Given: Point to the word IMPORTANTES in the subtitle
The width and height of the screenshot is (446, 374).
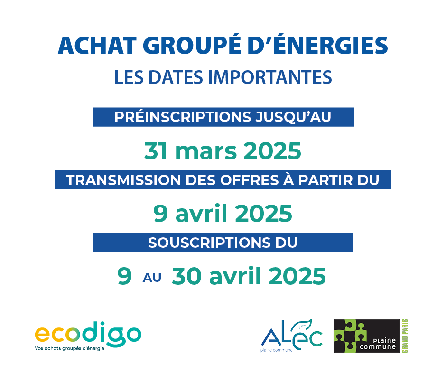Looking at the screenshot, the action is pos(270,77).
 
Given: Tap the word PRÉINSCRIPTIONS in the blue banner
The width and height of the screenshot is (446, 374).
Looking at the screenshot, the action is pos(183,117).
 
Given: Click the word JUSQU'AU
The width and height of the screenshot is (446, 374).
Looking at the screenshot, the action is pos(293,117).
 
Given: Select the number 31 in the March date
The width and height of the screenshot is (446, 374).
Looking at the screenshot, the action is pos(155,151).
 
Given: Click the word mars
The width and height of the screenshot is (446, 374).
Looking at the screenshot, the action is pos(206,152).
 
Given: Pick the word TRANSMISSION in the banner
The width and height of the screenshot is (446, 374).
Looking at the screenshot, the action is pos(123,180).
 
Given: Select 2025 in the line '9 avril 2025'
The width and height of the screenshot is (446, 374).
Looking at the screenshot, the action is pos(264,214).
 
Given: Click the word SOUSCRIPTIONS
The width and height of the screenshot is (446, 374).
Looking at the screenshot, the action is pos(209,243).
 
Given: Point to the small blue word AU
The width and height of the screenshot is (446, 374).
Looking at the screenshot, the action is pos(152,278).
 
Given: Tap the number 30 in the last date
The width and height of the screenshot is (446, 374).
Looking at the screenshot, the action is pos(186,276).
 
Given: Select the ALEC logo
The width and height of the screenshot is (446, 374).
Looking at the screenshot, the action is pos(291,335).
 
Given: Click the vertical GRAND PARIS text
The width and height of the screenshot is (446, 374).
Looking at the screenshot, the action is pos(405,336).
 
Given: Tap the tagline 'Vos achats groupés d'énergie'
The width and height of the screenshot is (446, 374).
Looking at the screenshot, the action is pos(69,348).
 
